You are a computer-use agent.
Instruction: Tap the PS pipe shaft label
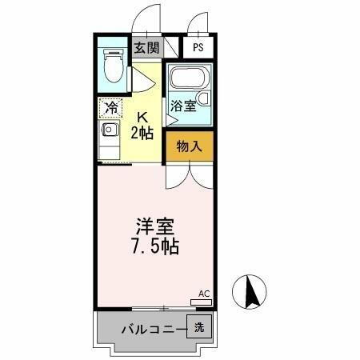pos(198,47)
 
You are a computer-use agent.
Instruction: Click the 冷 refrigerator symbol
pos(110,106)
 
